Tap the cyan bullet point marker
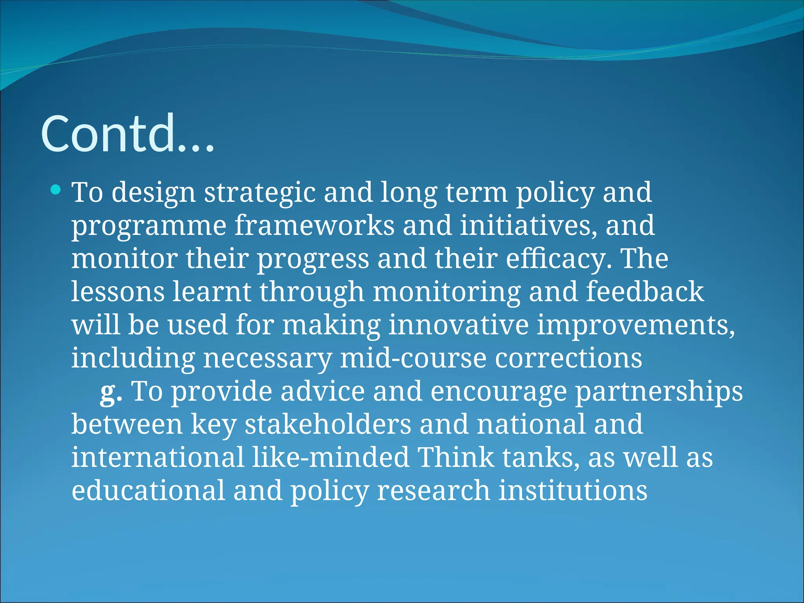coord(56,190)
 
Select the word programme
coord(149,227)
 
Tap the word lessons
coord(118,292)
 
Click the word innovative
coord(458,325)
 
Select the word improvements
coord(635,326)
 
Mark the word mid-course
coord(413,358)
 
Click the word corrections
coord(568,358)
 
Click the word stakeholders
coord(328,425)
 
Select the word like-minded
coord(330,458)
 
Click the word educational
coord(148,491)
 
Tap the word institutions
coord(572,491)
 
